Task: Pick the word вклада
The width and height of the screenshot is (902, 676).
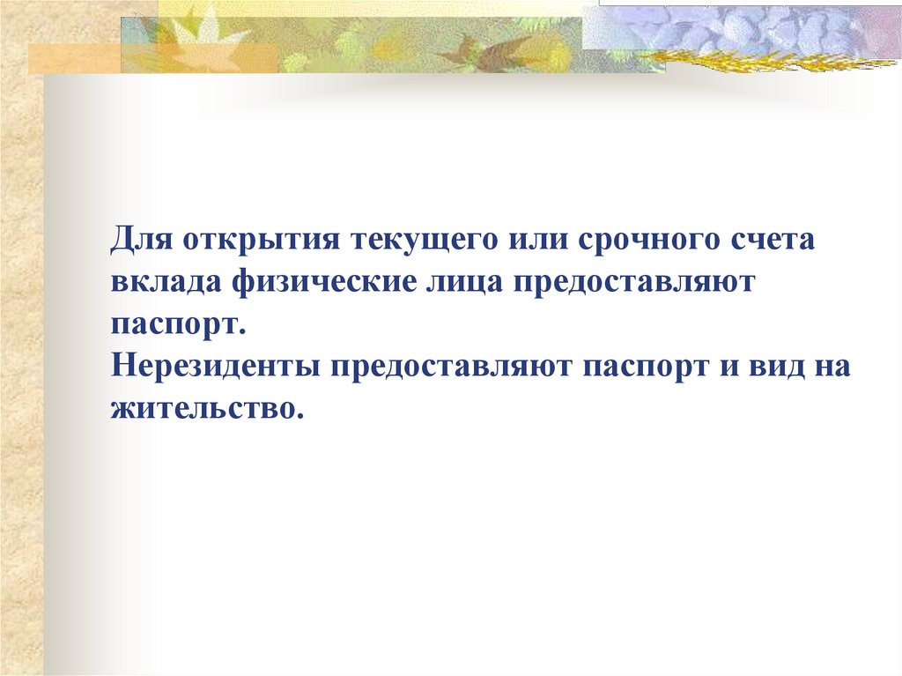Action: click(x=166, y=283)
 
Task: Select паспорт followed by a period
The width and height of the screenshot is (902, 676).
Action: click(x=175, y=325)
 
